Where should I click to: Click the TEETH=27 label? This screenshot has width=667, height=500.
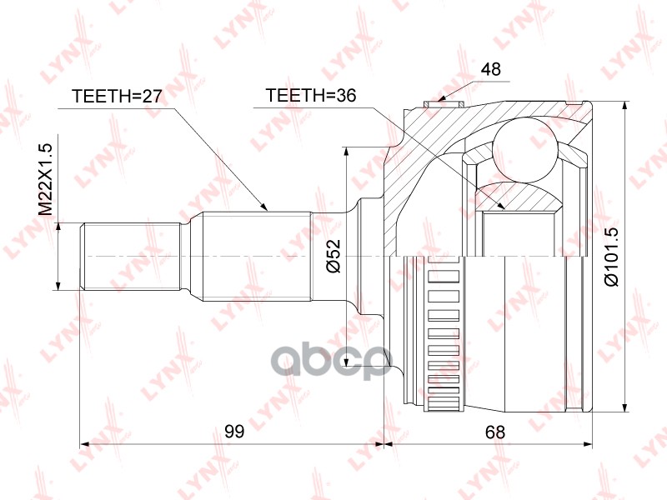point(116,96)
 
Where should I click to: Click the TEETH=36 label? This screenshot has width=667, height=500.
point(310,96)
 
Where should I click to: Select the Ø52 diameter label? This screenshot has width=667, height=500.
point(332,257)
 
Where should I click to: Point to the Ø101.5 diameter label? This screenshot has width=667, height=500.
point(612,257)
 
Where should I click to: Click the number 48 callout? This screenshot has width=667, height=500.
point(491,70)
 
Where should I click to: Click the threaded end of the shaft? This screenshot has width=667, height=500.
point(129,256)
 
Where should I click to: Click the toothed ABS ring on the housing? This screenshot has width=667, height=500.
point(444,333)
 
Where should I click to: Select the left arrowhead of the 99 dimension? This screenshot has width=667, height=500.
point(84,444)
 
